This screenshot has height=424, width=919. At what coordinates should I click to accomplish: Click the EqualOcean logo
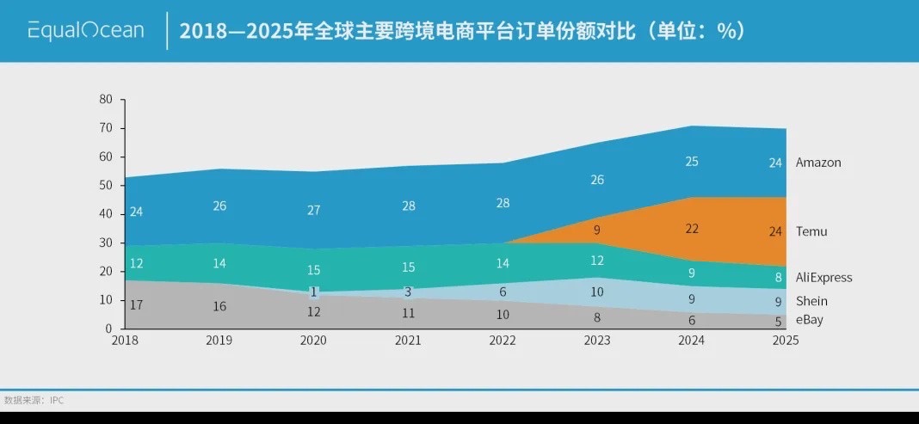(85, 31)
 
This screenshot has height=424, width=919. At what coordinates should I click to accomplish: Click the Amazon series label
(817, 163)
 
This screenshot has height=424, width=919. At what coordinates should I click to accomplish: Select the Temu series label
(811, 231)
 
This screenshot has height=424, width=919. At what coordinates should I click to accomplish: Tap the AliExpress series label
(823, 278)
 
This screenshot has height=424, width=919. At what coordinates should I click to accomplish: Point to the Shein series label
(811, 301)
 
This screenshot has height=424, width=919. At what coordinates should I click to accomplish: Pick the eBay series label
(809, 320)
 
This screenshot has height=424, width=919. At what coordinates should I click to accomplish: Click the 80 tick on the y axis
(107, 99)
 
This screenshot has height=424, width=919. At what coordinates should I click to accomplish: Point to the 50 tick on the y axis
(107, 185)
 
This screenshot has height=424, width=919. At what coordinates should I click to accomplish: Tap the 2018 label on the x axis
(125, 341)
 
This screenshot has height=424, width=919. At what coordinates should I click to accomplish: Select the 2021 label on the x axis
(408, 341)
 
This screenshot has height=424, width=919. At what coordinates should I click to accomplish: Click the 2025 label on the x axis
(785, 341)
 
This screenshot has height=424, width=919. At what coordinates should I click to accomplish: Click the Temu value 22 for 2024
(692, 229)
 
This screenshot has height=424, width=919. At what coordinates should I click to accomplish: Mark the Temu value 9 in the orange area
(597, 230)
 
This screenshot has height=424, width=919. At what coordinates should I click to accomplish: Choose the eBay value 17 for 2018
(136, 304)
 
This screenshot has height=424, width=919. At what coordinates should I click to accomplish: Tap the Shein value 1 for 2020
(314, 292)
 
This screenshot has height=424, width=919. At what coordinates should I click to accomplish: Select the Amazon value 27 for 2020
(314, 211)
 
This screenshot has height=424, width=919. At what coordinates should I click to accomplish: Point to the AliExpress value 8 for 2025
(779, 278)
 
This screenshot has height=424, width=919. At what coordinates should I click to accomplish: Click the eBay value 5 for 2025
(779, 323)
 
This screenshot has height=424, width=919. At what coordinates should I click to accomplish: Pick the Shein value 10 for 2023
(597, 292)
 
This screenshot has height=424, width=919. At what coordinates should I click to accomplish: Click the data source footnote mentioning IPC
(34, 400)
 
